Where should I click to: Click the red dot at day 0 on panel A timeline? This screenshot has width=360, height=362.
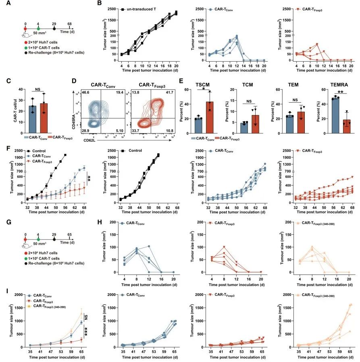(x=25, y=29)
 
